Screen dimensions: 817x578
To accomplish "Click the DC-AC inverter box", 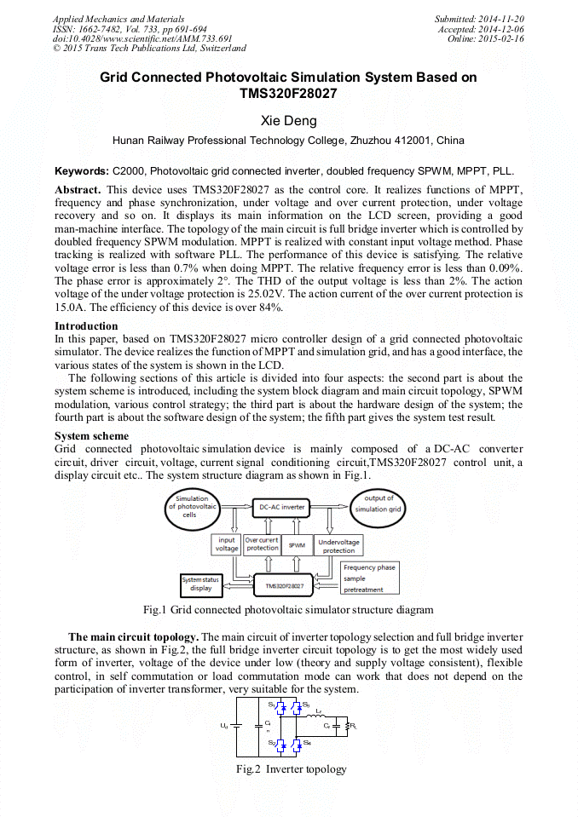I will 281,507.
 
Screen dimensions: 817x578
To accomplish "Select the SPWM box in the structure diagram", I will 297,544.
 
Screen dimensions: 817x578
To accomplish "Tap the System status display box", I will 201,584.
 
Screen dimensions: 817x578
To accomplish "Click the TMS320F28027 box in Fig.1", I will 284,586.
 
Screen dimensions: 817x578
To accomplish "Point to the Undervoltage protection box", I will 338,545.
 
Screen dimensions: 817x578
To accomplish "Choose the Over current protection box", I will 262,544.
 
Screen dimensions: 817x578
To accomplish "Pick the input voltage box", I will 227,544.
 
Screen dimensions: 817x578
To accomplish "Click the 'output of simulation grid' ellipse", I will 378,503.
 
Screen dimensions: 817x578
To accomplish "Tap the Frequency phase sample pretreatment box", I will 368,578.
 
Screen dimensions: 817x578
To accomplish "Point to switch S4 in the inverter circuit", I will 300,744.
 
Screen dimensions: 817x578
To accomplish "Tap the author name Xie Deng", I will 288,121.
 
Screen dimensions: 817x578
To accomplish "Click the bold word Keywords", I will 82,170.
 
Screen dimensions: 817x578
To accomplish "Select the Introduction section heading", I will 86,326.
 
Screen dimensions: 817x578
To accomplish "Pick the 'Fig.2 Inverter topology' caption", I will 292,769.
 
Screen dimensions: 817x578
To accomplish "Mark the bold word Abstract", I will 78,188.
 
